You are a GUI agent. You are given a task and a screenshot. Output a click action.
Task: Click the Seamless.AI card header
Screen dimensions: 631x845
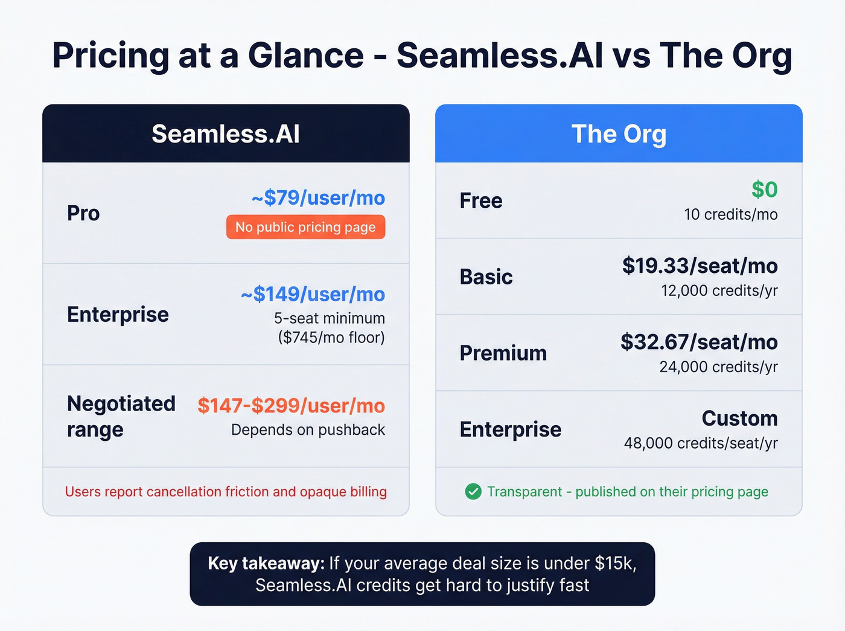[x=226, y=133]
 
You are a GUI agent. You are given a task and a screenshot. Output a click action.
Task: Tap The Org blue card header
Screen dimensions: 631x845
[x=619, y=133]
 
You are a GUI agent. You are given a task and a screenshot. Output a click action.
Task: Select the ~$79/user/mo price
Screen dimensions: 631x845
[x=318, y=197]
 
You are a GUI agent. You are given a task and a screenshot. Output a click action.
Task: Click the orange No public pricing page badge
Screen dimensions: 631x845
[x=305, y=227]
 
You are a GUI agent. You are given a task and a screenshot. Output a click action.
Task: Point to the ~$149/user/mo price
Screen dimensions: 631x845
[x=313, y=294]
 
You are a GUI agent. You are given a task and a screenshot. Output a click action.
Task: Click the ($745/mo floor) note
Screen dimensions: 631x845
[x=331, y=337]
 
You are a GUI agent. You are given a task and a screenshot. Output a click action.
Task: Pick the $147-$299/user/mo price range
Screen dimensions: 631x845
[x=291, y=406]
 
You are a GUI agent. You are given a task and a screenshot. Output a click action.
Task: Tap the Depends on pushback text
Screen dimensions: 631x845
[x=308, y=430]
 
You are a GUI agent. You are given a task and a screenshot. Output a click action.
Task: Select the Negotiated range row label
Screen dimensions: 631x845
[x=121, y=416]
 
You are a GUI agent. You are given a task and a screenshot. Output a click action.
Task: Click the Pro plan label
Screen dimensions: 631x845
[x=83, y=213]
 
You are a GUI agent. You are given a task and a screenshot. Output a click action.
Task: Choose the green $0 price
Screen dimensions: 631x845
[x=764, y=190]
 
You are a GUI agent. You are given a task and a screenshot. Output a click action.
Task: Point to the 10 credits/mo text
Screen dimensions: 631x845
[x=730, y=214]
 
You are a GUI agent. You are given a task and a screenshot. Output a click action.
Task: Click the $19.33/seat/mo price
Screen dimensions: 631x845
[x=700, y=266]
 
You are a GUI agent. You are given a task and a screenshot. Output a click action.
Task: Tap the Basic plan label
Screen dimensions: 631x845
[x=486, y=277]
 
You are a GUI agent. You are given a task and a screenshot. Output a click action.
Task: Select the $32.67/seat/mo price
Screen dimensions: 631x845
[x=699, y=342]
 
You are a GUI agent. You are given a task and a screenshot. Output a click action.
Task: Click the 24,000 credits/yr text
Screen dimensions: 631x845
[x=718, y=367]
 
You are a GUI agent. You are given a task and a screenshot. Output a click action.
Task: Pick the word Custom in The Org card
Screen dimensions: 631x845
[x=739, y=418]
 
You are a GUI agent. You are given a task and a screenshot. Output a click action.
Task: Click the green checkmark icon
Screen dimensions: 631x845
[x=473, y=492]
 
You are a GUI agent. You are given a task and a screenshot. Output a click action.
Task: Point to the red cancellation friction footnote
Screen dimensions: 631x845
[x=226, y=492]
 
